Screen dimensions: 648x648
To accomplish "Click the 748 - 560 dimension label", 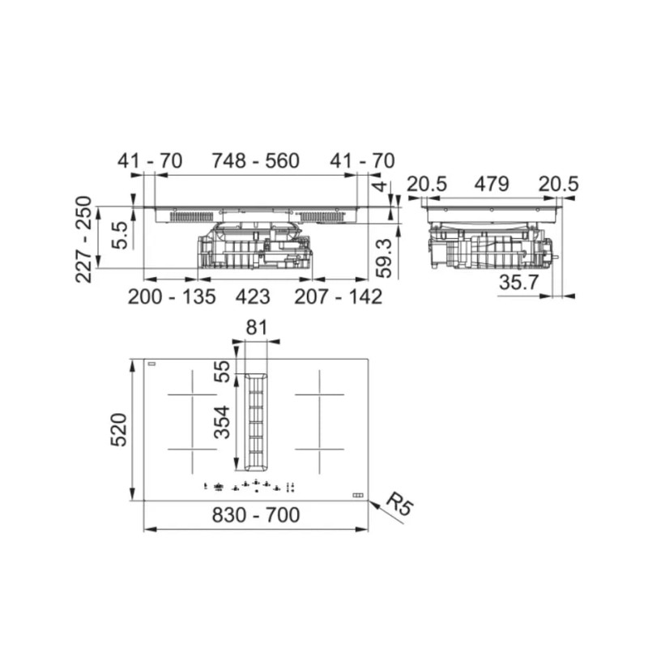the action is (x=256, y=160).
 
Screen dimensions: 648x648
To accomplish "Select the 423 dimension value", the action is (x=253, y=296).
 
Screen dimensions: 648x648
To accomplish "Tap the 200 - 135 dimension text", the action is (x=172, y=296).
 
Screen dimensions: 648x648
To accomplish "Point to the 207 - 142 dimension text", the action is (x=338, y=296).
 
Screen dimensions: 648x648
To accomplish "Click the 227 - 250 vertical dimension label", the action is (x=84, y=239).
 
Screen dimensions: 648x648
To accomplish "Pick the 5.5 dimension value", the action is (x=121, y=235).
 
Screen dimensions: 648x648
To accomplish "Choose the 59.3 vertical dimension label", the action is (x=384, y=258).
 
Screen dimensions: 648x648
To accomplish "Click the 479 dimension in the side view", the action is (x=492, y=184).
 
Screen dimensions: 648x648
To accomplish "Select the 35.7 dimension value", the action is (x=519, y=282).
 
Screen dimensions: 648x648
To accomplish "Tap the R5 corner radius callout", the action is (x=399, y=504).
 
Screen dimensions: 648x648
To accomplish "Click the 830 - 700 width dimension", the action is (x=256, y=515).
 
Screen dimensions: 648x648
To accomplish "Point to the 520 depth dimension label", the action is (x=118, y=429).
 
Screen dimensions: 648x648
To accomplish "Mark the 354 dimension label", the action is (x=222, y=422).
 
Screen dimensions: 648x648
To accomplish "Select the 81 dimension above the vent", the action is (x=257, y=328).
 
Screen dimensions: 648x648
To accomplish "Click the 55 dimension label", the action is (x=222, y=372).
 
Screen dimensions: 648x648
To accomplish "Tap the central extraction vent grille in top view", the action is (x=255, y=422).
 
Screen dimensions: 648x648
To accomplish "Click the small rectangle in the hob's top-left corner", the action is (x=152, y=364).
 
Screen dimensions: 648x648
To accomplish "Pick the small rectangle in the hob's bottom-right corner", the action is (x=358, y=495).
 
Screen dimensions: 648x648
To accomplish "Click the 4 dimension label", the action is (x=381, y=185).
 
